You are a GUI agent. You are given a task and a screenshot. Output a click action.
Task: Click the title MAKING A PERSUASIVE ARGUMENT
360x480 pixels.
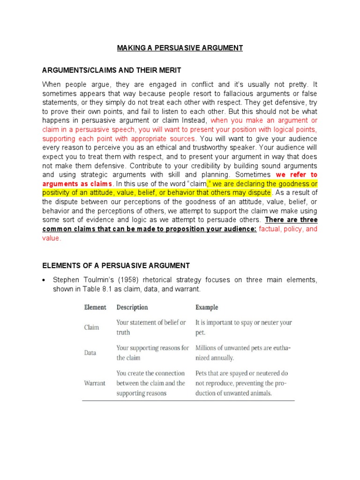[x=180, y=48]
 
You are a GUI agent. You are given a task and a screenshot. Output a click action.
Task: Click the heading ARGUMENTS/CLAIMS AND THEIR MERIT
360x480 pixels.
[x=112, y=70]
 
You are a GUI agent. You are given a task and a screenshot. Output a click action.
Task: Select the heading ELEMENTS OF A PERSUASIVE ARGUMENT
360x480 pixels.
[x=116, y=266]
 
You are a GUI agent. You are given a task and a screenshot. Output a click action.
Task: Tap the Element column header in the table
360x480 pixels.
[x=95, y=307]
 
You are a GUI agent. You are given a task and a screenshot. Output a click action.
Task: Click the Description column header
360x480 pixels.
[x=132, y=307]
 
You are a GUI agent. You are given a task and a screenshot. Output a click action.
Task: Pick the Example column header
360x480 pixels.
[x=207, y=307]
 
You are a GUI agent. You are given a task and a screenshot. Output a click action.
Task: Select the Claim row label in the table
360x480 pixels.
[x=91, y=327]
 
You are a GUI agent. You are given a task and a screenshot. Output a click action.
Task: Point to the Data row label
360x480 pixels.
[x=90, y=352]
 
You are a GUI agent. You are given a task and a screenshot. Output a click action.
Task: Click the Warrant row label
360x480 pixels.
[x=95, y=383]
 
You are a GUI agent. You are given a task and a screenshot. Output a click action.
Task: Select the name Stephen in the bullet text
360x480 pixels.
[x=66, y=280]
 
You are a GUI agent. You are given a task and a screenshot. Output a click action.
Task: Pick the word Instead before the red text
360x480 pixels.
[x=195, y=121]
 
